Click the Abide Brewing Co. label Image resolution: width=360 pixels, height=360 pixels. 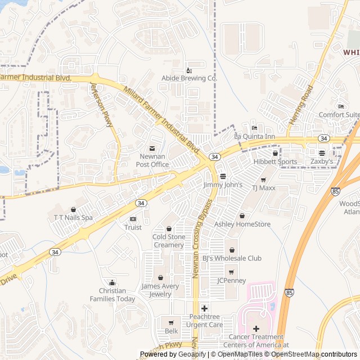tap(189, 79)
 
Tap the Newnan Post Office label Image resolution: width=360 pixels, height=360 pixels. tap(152, 160)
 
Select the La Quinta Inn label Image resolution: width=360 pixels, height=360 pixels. tap(254, 137)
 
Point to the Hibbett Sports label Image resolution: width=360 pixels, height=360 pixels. tap(275, 162)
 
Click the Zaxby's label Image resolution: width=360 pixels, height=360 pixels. tap(322, 161)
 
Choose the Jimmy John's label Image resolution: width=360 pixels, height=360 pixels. tap(223, 184)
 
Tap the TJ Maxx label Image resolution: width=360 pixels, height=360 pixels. tap(263, 188)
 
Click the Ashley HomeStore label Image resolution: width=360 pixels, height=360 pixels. tap(242, 224)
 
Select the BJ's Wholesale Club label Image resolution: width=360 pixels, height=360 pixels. tap(232, 258)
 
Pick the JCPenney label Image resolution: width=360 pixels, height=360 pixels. tap(231, 280)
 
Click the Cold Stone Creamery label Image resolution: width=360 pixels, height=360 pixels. tap(169, 241)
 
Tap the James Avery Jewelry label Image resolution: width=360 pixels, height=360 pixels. tap(160, 290)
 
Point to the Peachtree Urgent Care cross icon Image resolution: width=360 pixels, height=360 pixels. tap(204, 308)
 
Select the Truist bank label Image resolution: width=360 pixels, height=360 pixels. tap(133, 227)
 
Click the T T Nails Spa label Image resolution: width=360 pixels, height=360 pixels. tap(73, 217)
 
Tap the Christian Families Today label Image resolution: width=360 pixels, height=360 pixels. tap(112, 295)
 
